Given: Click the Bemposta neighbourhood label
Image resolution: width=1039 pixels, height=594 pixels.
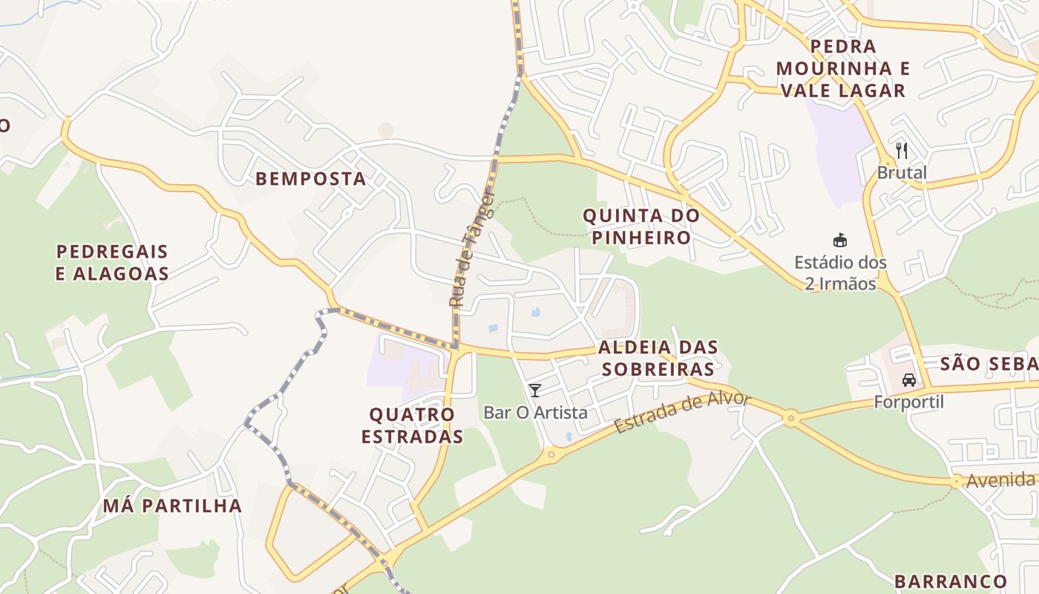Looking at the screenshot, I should coord(311,179).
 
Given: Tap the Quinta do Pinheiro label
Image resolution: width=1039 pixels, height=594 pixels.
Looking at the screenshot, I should coord(641,226).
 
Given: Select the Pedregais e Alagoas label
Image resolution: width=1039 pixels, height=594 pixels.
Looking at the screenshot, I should coord(112,262).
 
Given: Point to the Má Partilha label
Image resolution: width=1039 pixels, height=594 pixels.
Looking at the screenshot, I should coord(172,506).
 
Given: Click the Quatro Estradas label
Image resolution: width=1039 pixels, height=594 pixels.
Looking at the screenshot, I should coord(413,425).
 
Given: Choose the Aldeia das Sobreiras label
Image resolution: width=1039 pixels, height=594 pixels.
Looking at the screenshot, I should coord(658,358).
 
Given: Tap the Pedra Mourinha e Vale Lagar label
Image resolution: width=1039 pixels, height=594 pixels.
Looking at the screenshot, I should coord(843,68).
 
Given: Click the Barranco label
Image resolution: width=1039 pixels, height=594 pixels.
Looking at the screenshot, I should coord(951,581).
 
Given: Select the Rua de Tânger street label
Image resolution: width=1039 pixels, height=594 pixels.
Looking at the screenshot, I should coord(471,249).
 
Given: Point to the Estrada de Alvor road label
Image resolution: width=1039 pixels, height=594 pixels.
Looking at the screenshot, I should coord(683,413).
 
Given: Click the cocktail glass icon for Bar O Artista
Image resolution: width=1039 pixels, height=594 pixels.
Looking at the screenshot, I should coord(534,390).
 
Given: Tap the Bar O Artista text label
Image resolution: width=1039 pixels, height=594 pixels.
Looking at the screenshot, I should coord(535,413).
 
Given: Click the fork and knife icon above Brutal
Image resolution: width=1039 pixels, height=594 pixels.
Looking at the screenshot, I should coord(902,151).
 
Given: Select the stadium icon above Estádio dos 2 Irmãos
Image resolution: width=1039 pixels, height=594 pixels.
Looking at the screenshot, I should coord(840,240).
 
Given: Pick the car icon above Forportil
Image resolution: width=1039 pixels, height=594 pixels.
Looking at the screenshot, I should coord(908,380).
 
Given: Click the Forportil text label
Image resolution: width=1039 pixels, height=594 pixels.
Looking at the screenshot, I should coord(908,402).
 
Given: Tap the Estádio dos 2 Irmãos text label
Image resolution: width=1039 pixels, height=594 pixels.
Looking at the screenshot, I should coord(840,273).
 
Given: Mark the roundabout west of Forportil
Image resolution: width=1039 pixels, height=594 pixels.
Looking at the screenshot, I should coord(790,419).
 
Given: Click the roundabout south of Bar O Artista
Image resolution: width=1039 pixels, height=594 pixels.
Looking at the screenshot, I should coord(550,455).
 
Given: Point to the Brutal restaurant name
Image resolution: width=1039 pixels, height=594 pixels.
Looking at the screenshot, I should coord(902,173).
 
